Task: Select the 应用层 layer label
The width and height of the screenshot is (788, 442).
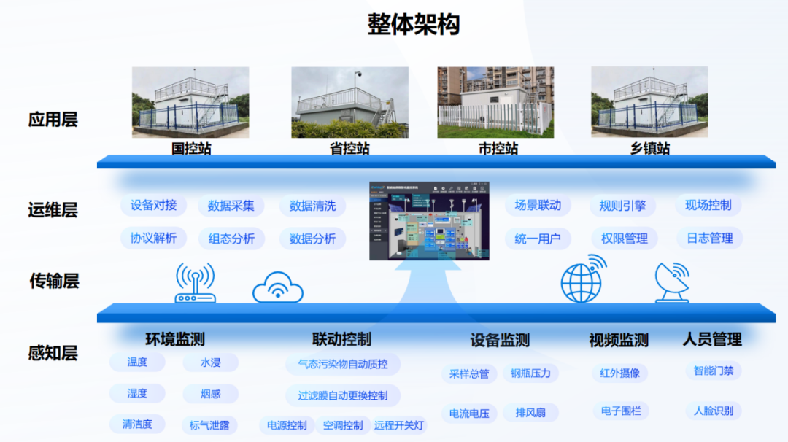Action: click(53, 120)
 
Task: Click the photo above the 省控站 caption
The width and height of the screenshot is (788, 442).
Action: click(349, 102)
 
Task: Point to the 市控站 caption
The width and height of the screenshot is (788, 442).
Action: click(498, 149)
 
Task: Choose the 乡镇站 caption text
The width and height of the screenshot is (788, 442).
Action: click(650, 149)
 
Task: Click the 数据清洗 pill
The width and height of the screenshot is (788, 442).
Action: click(312, 206)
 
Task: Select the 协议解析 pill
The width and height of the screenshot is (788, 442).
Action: click(153, 238)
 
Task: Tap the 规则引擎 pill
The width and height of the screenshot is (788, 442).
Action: click(622, 206)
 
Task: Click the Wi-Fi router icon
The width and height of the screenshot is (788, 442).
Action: click(195, 284)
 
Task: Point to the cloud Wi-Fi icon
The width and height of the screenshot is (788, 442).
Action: click(277, 287)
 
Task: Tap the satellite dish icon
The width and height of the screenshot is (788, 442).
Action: click(672, 282)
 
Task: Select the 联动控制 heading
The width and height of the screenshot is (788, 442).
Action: click(341, 339)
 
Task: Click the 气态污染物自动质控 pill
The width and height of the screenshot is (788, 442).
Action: click(343, 364)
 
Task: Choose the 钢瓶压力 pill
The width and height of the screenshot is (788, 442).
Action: click(530, 373)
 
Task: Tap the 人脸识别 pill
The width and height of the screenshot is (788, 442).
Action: click(713, 411)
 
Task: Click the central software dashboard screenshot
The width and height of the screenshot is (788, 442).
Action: click(429, 221)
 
